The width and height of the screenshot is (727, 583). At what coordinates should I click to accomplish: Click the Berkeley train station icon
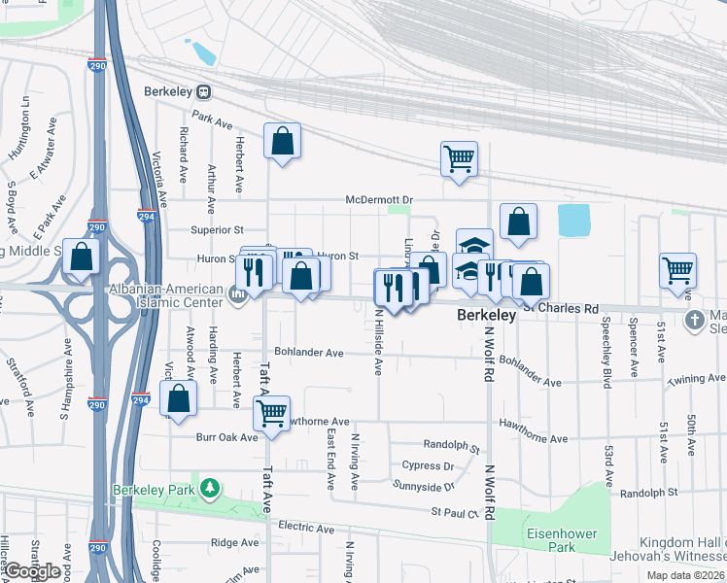[x=203, y=91]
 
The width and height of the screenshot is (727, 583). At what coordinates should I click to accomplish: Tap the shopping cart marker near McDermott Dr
[x=459, y=157]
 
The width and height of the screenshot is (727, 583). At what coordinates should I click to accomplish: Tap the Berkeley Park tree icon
[x=208, y=487]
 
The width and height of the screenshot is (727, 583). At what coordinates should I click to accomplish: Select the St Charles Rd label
[x=563, y=308]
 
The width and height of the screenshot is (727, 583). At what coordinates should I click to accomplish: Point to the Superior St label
[x=217, y=230]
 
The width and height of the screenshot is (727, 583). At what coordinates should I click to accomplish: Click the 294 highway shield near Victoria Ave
[x=145, y=218]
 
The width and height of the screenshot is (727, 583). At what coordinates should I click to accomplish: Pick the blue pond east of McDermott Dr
[x=574, y=221]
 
